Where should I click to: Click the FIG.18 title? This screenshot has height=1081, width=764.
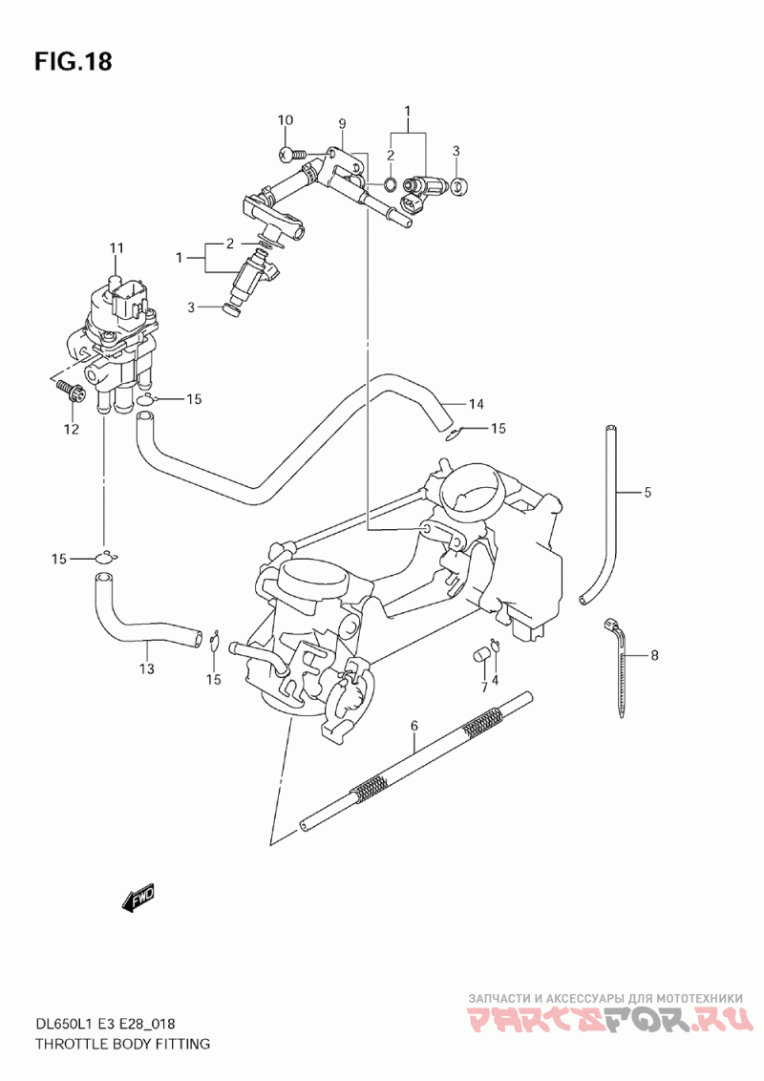pos(73,62)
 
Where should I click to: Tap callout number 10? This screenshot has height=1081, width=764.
pos(285,120)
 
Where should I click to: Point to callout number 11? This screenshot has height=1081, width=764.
pos(116,247)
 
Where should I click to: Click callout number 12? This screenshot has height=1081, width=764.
pos(71,430)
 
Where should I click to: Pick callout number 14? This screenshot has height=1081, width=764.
pos(477,404)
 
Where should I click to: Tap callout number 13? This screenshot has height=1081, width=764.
pos(146,668)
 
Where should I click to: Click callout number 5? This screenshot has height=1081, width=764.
pos(647,492)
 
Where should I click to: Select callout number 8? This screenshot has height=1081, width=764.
pos(654,655)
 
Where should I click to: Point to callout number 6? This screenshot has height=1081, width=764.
pos(414,725)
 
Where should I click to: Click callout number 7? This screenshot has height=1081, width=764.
pos(483,687)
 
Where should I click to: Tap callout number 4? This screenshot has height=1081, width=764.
pos(495,678)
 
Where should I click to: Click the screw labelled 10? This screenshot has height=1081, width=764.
pos(294,155)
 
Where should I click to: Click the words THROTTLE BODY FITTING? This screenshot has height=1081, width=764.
pos(121,1044)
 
